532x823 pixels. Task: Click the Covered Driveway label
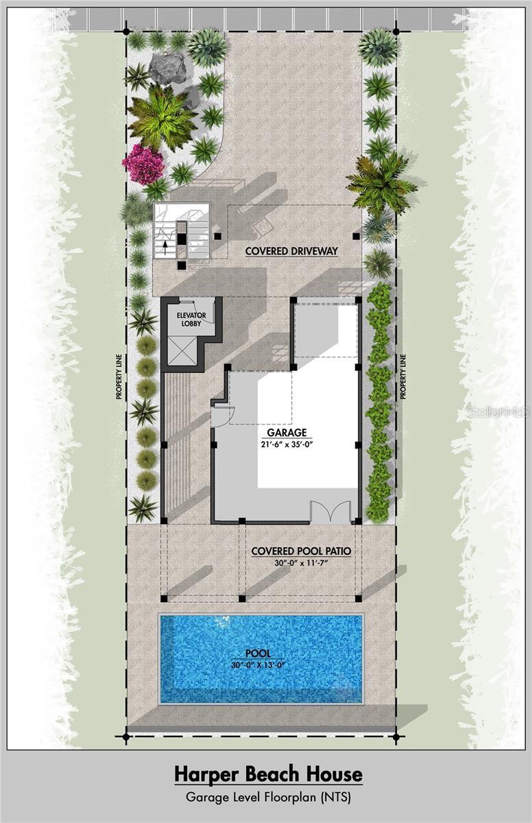pos(291,251)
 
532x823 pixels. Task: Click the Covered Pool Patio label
pos(301,551)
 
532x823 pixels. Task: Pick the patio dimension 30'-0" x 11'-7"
pos(301,564)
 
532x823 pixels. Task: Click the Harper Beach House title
pos(267,774)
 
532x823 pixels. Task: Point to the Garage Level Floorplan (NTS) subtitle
pos(267,798)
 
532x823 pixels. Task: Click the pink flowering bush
pos(143,164)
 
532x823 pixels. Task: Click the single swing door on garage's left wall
pos(222,415)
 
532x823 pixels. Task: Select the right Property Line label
pos(403,377)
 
